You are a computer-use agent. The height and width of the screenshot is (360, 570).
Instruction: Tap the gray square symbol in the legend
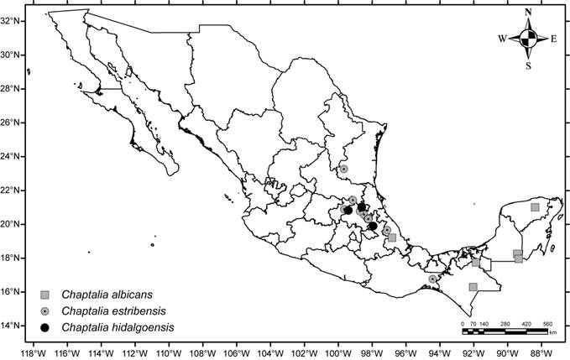(x=45, y=295)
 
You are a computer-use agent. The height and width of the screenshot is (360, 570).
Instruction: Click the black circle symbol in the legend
(x=45, y=326)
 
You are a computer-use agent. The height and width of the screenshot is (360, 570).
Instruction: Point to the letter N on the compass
(x=528, y=13)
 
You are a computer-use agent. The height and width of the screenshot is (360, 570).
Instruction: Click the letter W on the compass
(x=502, y=39)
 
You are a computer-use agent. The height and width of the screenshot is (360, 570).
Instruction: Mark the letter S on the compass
(x=528, y=65)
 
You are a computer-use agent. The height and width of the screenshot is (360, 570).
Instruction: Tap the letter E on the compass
(x=554, y=39)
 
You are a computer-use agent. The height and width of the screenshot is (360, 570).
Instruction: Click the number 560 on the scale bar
(x=547, y=323)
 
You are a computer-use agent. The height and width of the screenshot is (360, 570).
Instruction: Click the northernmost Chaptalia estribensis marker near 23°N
(x=343, y=169)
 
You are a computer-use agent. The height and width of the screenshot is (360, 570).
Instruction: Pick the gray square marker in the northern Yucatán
(x=535, y=207)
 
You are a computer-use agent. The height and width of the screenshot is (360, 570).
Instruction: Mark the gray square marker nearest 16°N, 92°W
(x=473, y=287)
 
